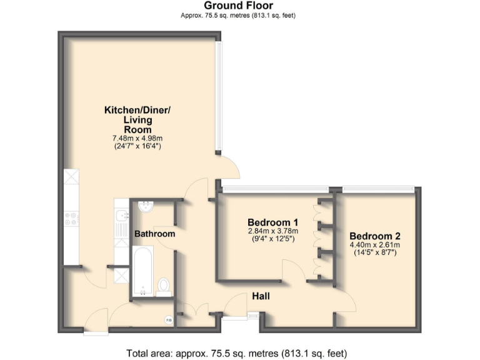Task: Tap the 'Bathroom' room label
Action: click(x=155, y=234)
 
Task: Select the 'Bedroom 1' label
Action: click(x=272, y=222)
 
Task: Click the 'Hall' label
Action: click(x=261, y=296)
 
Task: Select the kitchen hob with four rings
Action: click(x=70, y=219)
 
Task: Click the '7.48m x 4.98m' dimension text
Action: click(x=137, y=139)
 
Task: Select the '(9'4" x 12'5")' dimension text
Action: click(x=272, y=239)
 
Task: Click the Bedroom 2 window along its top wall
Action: click(x=379, y=188)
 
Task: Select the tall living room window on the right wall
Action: click(x=217, y=97)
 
